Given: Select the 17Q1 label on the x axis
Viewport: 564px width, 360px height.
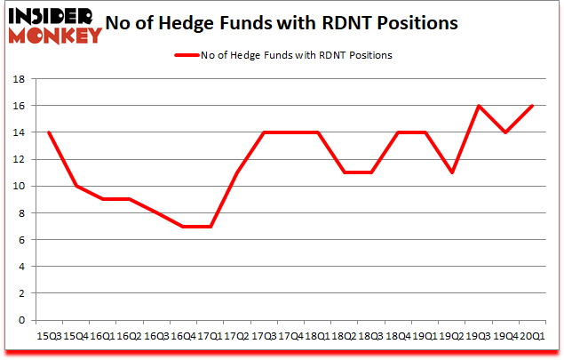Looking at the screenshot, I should [x=211, y=335].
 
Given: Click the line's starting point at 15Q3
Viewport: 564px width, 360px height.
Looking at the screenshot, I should [x=49, y=132].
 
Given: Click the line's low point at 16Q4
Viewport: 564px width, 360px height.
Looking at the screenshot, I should [x=182, y=226].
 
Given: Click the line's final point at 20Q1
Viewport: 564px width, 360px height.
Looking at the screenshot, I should [x=531, y=106].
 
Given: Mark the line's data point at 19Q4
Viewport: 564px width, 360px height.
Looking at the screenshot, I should [x=505, y=132].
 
